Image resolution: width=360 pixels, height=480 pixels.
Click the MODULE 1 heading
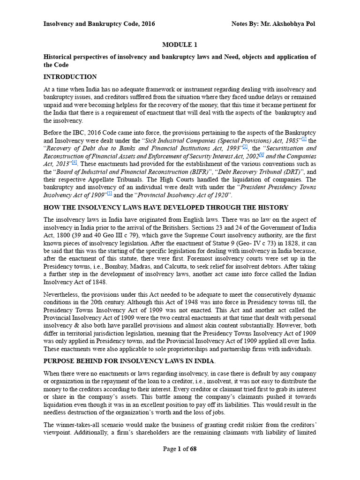[180, 45]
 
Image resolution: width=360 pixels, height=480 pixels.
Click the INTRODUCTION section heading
[70, 77]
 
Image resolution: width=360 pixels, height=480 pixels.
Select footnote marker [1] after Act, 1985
[304, 139]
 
